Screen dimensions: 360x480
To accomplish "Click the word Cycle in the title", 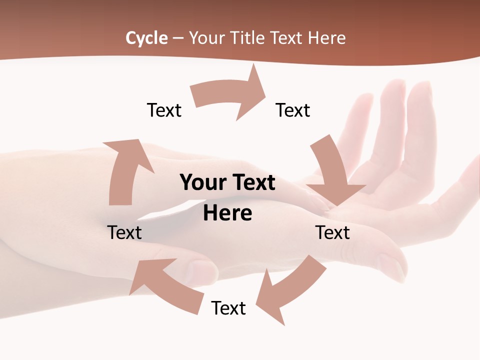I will [x=146, y=38].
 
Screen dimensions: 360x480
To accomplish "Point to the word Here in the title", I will [x=327, y=38].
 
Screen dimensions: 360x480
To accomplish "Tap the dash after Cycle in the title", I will [x=177, y=38].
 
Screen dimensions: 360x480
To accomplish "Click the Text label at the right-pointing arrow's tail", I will [x=164, y=110].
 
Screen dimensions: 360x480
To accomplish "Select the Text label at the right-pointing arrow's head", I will [x=293, y=110].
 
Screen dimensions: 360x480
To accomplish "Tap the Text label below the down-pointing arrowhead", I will [x=332, y=232].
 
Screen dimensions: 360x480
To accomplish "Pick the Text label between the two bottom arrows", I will [x=228, y=308].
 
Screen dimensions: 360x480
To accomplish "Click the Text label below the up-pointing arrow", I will [x=124, y=232].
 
